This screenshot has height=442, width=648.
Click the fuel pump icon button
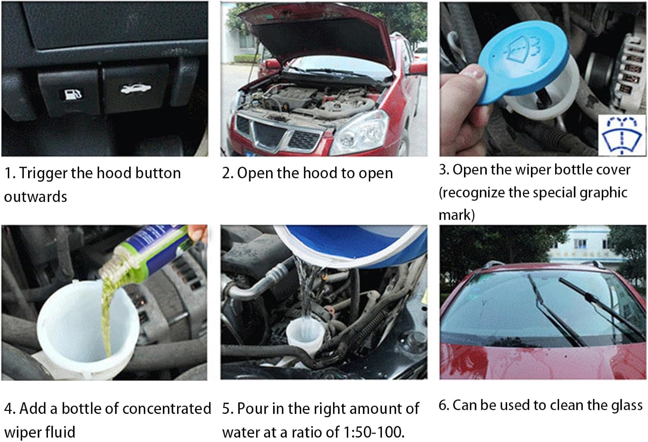pyautogui.click(x=70, y=92)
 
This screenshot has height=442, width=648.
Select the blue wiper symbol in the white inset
pyautogui.click(x=621, y=135)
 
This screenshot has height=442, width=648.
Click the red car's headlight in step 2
pyautogui.click(x=360, y=133)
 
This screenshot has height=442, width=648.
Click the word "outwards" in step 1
pyautogui.click(x=35, y=197)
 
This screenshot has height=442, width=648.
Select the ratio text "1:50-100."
pyautogui.click(x=374, y=432)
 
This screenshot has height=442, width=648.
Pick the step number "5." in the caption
pyautogui.click(x=227, y=409)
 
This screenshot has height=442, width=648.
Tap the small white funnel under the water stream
pyautogui.click(x=304, y=336)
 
